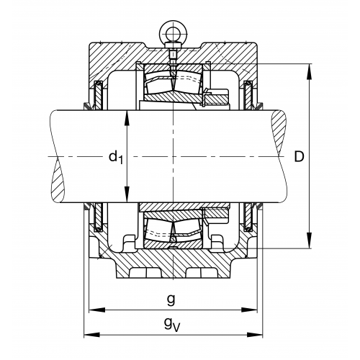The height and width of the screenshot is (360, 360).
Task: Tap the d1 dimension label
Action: coord(116,158)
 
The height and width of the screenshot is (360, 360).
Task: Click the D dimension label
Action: coord(299,157)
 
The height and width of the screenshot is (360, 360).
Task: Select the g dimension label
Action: coord(171,300)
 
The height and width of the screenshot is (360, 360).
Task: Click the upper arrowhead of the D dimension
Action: coord(310,71)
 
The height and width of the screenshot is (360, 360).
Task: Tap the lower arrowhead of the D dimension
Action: coord(310,240)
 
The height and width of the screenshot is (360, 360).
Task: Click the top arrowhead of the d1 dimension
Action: coord(127,118)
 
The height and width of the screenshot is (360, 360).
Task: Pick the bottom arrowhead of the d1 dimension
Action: coord(127,194)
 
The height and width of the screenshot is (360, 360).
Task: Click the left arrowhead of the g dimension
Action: coord(97,310)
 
